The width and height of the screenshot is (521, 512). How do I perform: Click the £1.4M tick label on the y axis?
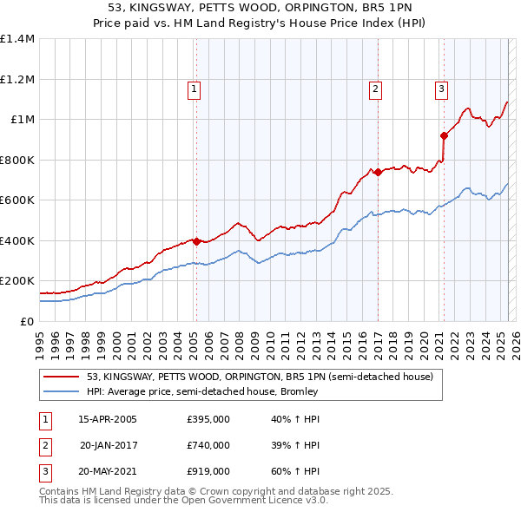click(x=17, y=39)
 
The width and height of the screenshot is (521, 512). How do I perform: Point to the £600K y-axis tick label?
click(x=17, y=200)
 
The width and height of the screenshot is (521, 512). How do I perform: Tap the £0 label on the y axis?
click(x=26, y=321)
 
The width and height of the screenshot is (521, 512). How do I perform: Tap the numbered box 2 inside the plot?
click(x=376, y=88)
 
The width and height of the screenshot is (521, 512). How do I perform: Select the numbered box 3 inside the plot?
click(x=441, y=88)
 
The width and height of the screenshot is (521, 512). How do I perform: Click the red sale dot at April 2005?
click(x=196, y=241)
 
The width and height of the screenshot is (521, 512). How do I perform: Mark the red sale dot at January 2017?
click(x=378, y=172)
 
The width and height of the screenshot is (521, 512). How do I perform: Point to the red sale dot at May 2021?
click(x=444, y=135)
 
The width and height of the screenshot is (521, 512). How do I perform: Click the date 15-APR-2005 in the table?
click(x=108, y=420)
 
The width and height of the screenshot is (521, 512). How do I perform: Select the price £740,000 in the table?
click(x=208, y=445)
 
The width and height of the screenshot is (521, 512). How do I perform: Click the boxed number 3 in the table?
click(x=43, y=471)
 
